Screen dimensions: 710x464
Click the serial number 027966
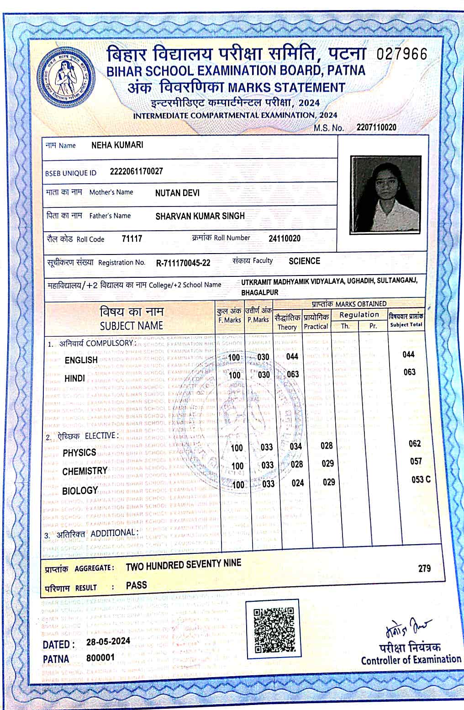pos(402,54)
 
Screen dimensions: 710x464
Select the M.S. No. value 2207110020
pos(376,127)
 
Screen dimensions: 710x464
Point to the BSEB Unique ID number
pos(136,171)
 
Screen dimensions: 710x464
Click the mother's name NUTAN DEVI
pos(177,193)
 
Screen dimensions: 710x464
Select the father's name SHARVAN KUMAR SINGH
pos(200,216)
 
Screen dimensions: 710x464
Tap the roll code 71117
pos(132,238)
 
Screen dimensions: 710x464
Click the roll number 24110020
pos(285,238)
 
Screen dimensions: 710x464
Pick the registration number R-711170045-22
pos(183,263)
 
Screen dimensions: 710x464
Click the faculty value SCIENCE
pos(304,261)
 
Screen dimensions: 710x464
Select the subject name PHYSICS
pos(79,453)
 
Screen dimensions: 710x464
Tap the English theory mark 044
pos(292,356)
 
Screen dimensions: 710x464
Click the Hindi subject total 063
pos(409,372)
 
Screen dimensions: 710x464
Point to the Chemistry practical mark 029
pos(328,464)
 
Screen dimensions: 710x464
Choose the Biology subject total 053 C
pos(421,480)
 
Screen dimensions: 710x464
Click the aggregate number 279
pos(424,568)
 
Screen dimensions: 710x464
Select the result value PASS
pos(137,585)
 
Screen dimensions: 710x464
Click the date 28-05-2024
pos(108,641)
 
